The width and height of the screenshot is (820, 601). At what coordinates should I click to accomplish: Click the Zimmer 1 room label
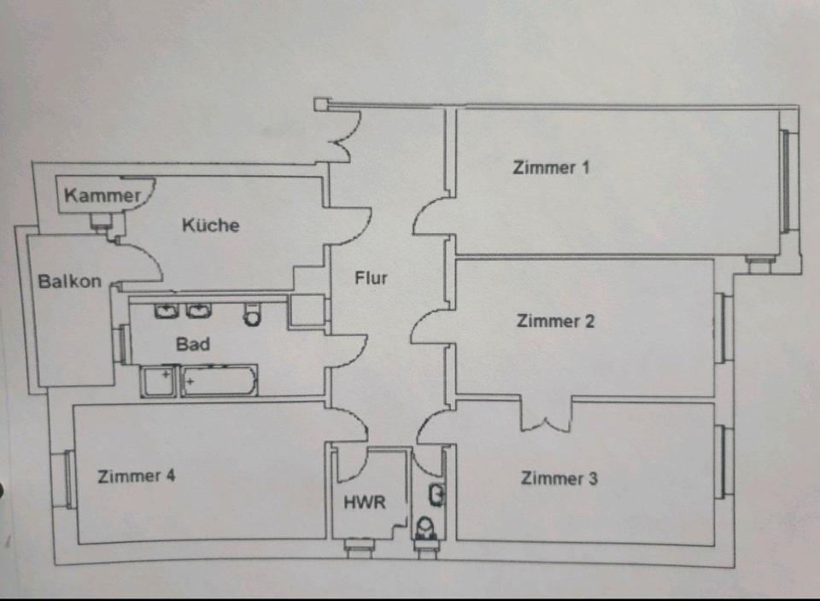click(551, 167)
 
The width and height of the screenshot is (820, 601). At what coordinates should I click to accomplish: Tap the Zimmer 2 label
click(555, 321)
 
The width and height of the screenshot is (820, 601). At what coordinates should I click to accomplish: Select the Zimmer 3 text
click(559, 478)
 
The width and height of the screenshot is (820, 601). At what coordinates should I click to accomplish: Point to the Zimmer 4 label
click(137, 476)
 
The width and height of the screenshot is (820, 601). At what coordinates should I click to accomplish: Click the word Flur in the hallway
click(372, 278)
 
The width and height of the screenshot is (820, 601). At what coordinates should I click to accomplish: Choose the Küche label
click(211, 225)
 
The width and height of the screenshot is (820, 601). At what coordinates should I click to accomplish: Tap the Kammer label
click(102, 195)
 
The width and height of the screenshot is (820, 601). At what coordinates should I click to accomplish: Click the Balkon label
click(70, 281)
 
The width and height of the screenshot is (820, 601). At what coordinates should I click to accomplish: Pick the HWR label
click(365, 502)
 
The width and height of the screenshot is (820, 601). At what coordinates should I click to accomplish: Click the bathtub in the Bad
click(220, 381)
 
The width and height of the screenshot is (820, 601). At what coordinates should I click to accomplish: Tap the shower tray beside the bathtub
click(159, 381)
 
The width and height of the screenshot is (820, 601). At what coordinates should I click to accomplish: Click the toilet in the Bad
click(252, 314)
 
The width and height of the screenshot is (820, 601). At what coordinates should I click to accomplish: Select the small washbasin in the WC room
click(436, 493)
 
